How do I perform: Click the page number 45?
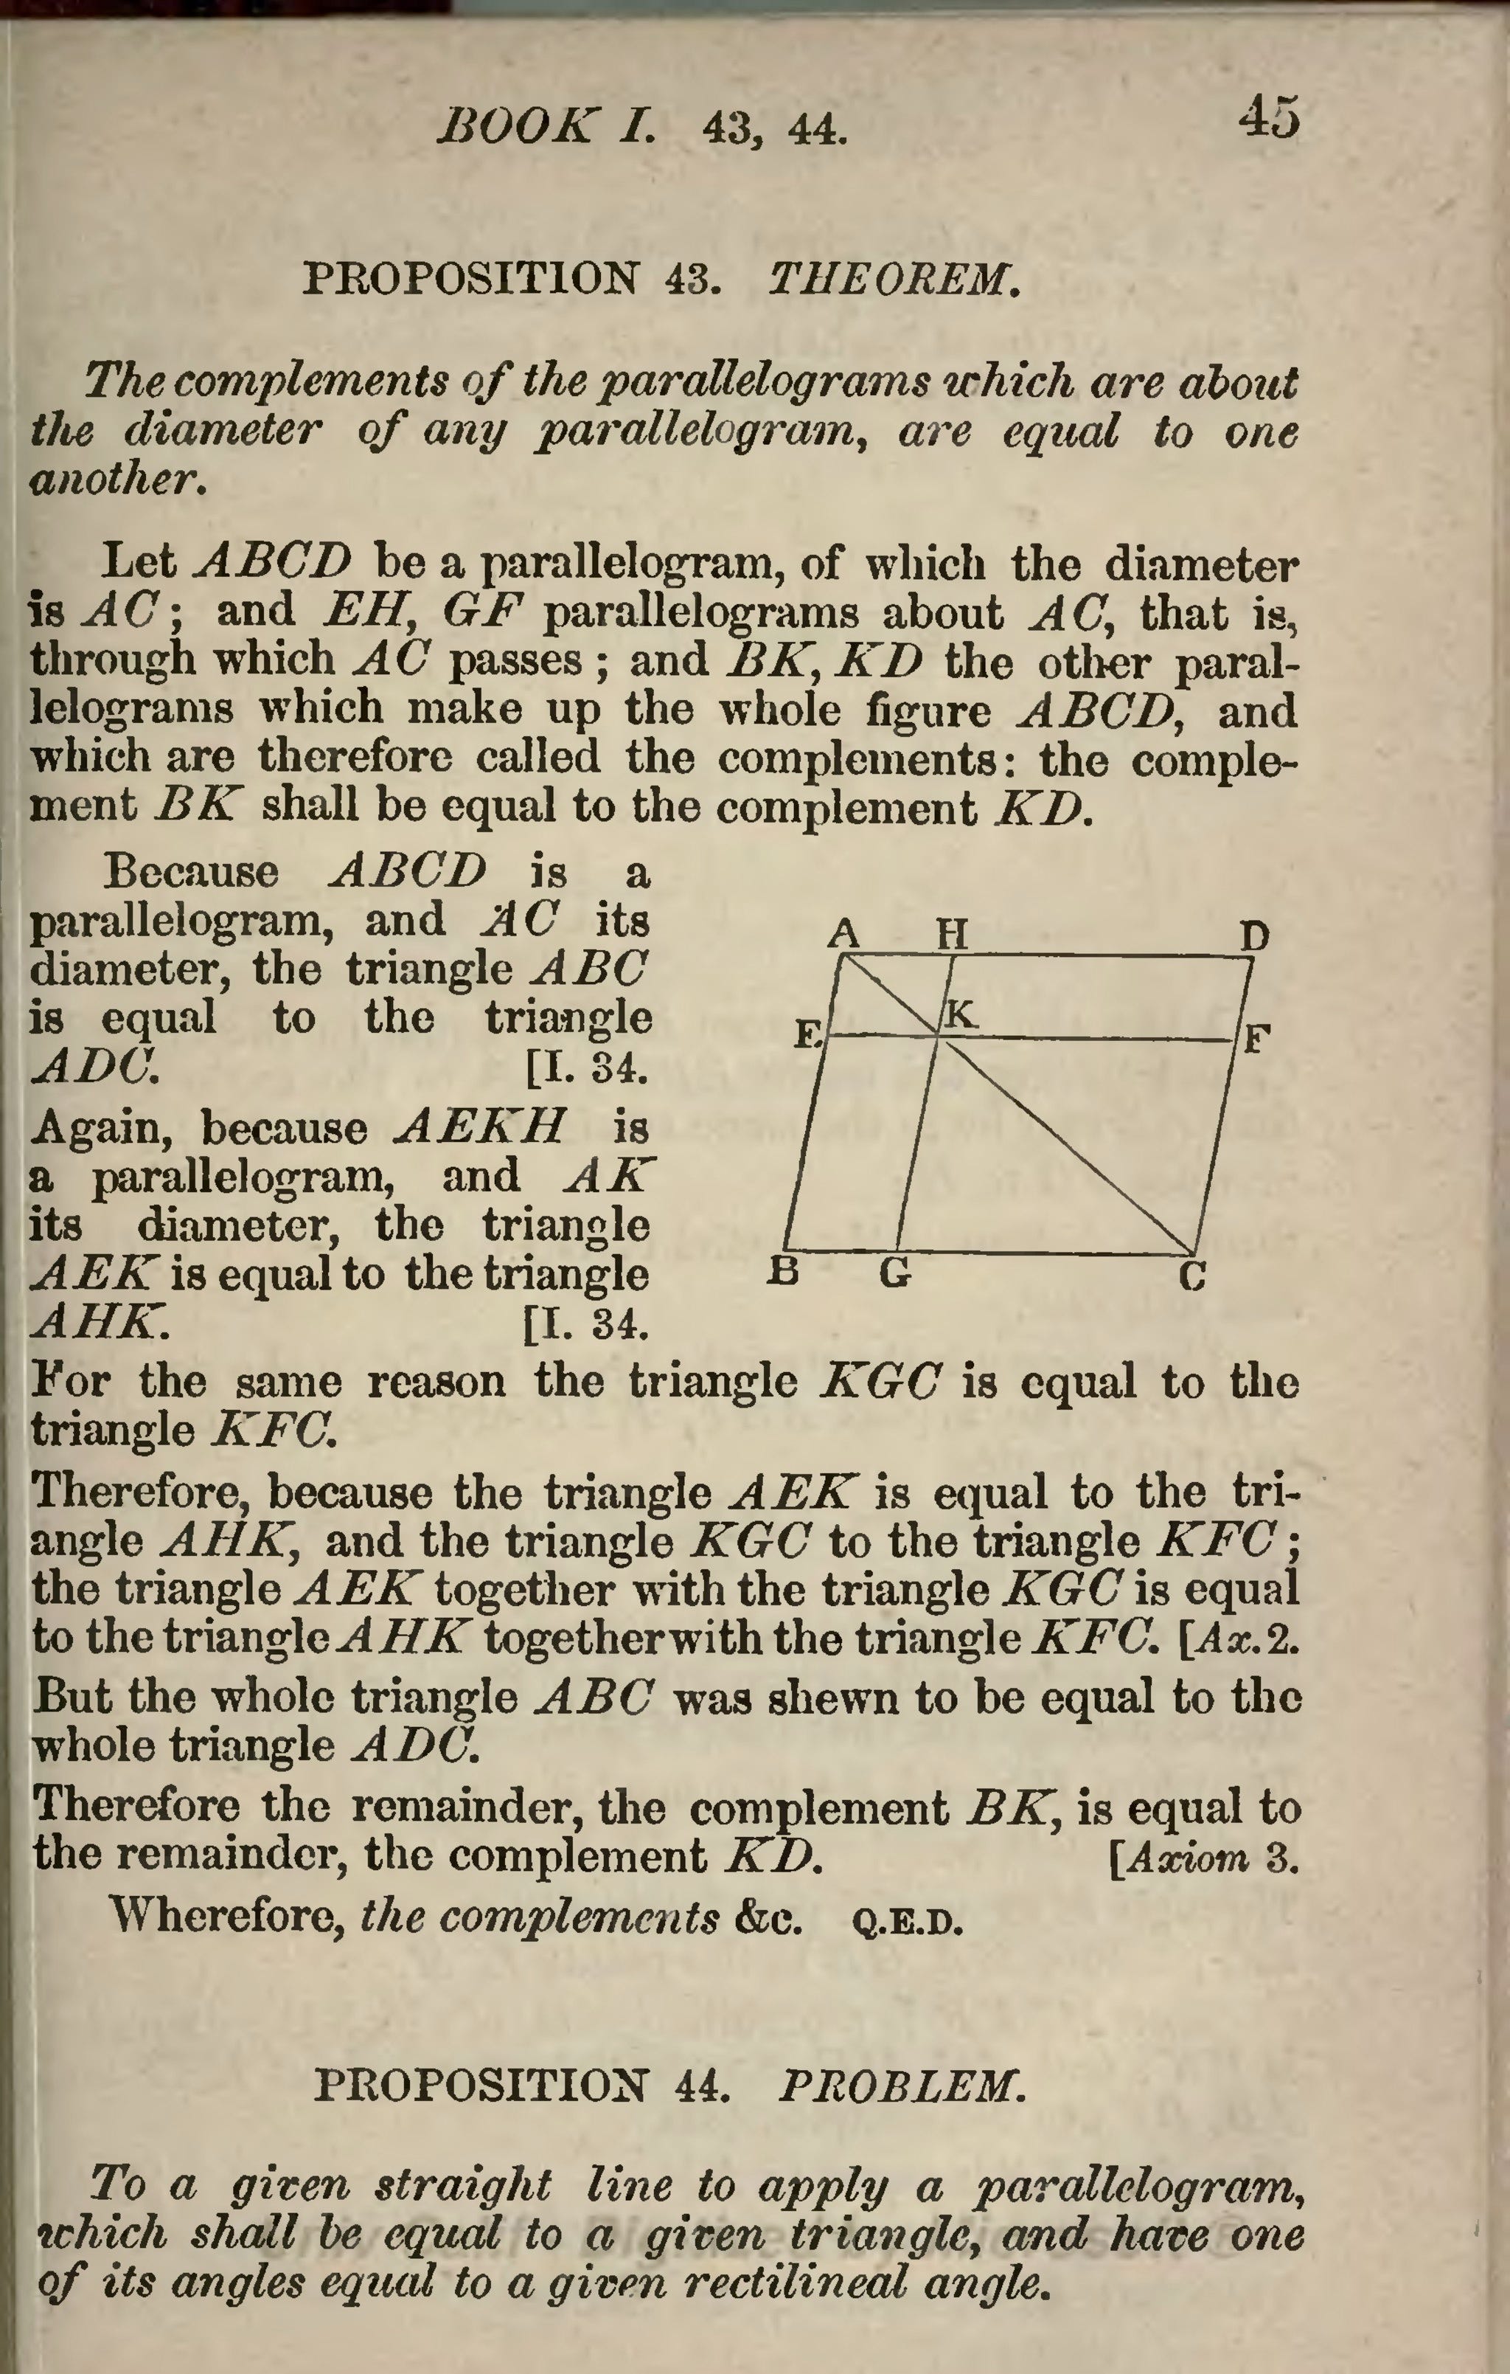point(1270,117)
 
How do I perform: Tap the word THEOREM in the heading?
point(892,280)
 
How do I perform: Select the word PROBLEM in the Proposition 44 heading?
point(901,2087)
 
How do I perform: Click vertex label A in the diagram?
point(843,932)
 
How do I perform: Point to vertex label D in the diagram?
point(1253,935)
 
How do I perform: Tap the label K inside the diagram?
point(961,1014)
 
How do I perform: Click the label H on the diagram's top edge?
point(952,932)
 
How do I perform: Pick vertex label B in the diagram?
point(782,1272)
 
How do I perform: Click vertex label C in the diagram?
point(1193,1277)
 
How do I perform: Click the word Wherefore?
point(226,1916)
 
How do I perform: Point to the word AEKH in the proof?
point(480,1125)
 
